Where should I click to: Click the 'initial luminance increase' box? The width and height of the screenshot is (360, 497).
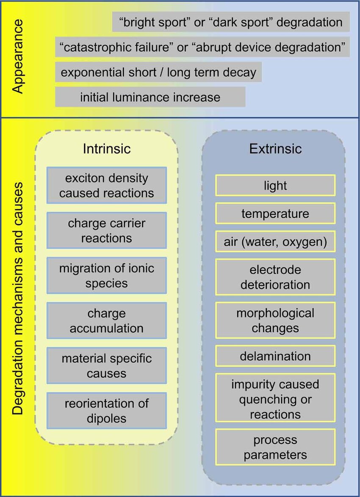point(150,97)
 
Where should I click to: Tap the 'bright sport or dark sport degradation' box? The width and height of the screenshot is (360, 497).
point(231,22)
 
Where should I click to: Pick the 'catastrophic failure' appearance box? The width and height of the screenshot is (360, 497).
point(202,47)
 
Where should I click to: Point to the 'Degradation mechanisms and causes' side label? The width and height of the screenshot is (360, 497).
point(18,299)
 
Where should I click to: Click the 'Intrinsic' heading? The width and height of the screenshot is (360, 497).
point(106,149)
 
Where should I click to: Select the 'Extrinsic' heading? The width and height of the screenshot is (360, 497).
point(275,149)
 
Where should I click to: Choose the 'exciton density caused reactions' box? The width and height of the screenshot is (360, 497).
point(106,185)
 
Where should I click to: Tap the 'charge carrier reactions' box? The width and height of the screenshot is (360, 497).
point(106,230)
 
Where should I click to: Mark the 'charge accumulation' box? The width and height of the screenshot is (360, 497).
point(106,320)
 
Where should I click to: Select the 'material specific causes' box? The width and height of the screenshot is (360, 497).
point(106,366)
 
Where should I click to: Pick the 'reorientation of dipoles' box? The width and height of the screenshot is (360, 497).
point(106,411)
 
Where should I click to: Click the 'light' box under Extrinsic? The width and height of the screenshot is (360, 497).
point(275,185)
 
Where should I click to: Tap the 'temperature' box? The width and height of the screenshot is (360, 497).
point(275,213)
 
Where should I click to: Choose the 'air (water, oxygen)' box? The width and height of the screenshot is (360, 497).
point(275,242)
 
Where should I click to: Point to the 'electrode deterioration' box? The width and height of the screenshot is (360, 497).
point(275,277)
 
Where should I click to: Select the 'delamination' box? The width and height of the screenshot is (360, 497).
point(275,356)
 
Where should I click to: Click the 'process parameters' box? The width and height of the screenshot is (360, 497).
point(275,447)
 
